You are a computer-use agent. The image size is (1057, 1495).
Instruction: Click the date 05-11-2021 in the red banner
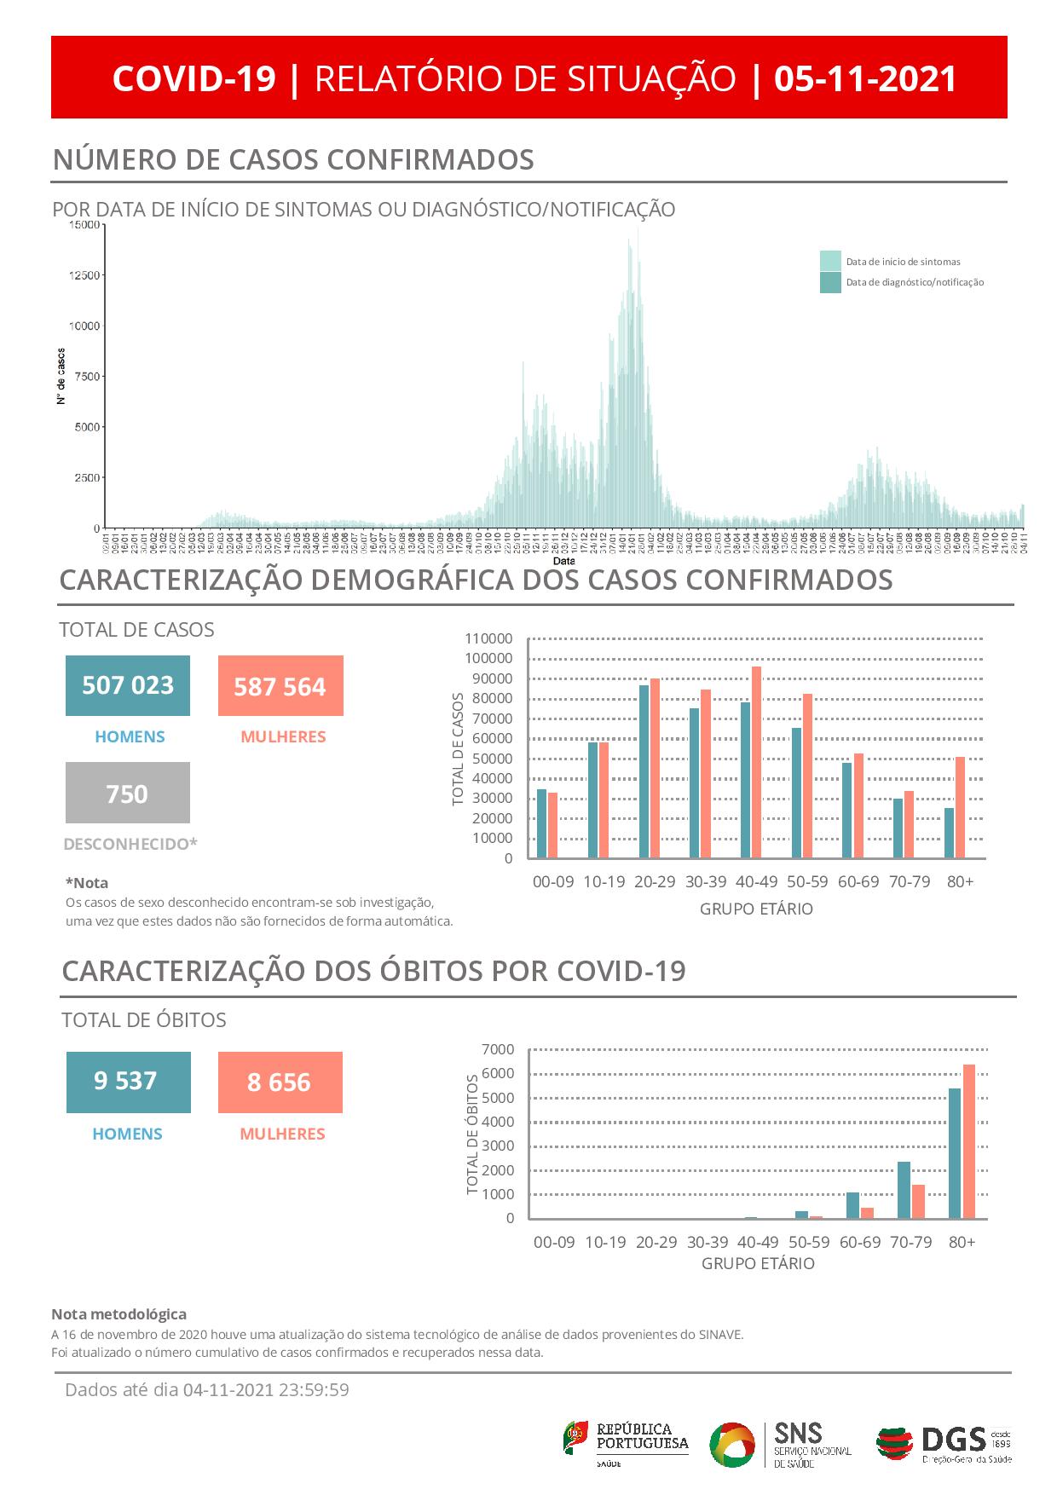[x=865, y=78]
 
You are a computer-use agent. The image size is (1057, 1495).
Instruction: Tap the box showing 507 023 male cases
[x=128, y=685]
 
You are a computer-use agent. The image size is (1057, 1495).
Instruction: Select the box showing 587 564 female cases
[x=280, y=686]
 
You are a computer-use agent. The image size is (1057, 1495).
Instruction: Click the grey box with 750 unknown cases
[x=128, y=794]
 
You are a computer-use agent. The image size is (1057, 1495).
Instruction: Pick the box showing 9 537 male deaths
[x=128, y=1082]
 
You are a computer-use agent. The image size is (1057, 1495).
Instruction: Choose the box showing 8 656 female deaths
[x=280, y=1082]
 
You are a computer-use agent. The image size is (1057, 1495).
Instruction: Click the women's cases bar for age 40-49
[x=756, y=762]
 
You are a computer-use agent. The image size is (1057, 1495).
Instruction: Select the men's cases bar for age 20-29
[x=644, y=771]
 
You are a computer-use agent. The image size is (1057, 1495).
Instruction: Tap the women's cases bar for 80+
[x=960, y=807]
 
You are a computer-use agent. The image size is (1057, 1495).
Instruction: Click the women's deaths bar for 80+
[x=968, y=1141]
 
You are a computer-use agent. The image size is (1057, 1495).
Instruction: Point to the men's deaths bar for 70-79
[x=904, y=1190]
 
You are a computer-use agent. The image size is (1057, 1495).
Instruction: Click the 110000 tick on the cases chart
[x=488, y=639]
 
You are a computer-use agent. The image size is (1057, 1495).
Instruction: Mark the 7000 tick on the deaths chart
[x=499, y=1049]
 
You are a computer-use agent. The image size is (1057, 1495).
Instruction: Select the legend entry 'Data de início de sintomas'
[x=903, y=262]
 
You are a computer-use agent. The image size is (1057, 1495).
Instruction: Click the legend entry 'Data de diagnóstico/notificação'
[x=914, y=282]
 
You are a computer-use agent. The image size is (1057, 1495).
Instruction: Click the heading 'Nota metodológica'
[x=118, y=1314]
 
